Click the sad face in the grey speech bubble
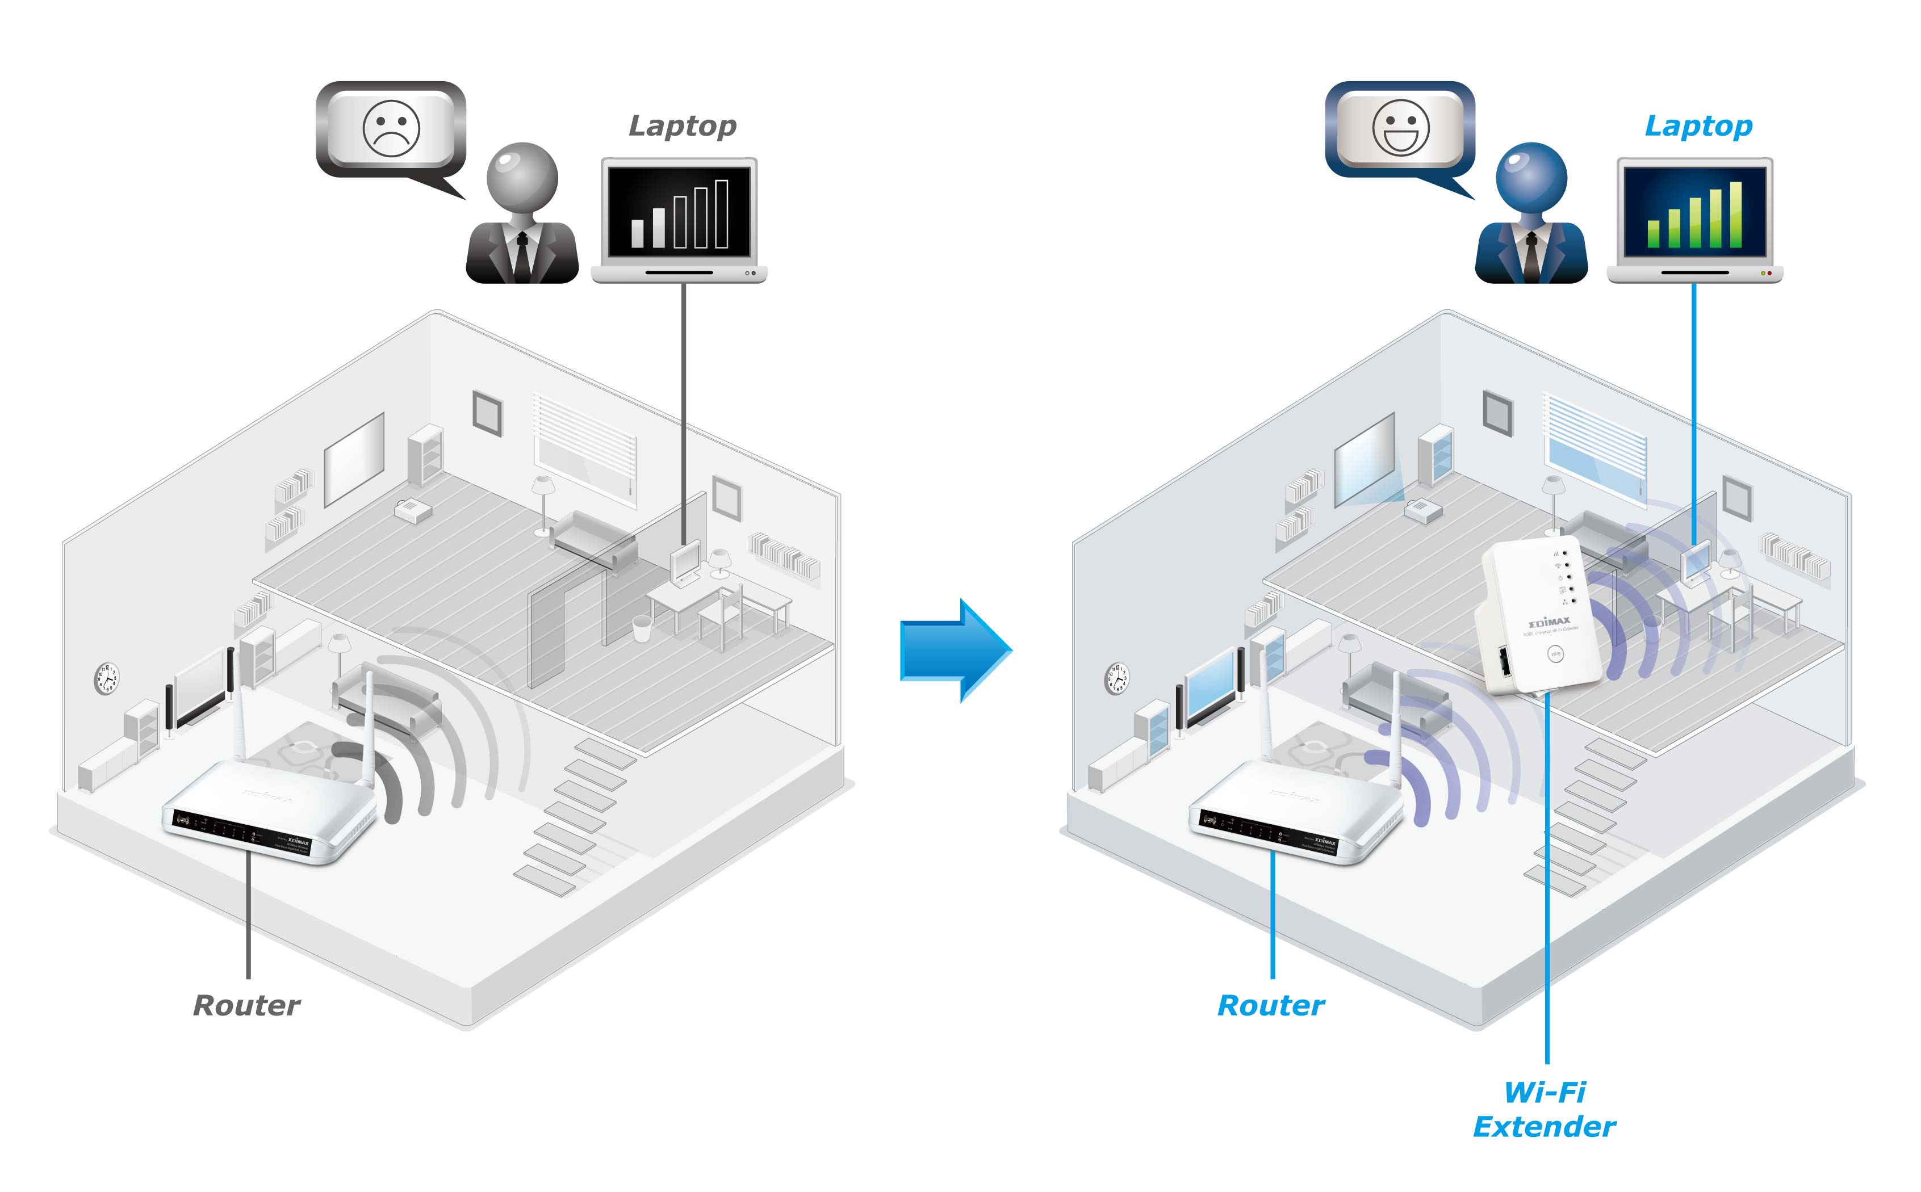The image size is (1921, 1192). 391,128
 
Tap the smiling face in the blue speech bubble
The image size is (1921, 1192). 1400,128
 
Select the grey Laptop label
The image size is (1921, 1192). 682,126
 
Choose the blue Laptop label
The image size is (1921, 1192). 1698,126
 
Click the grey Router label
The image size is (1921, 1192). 247,1005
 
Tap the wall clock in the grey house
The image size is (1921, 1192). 106,678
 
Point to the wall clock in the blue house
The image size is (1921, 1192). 1116,678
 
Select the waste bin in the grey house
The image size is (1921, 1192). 642,628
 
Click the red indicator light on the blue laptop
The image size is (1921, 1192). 1769,273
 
